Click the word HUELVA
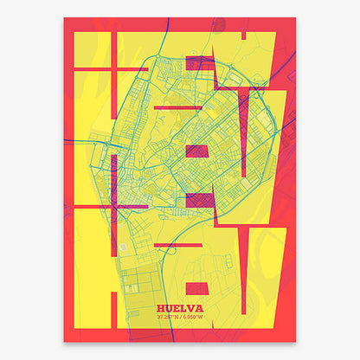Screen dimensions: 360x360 pos(180,307)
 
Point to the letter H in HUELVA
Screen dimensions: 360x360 pos(162,307)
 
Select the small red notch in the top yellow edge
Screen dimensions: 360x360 pos(247,35)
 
